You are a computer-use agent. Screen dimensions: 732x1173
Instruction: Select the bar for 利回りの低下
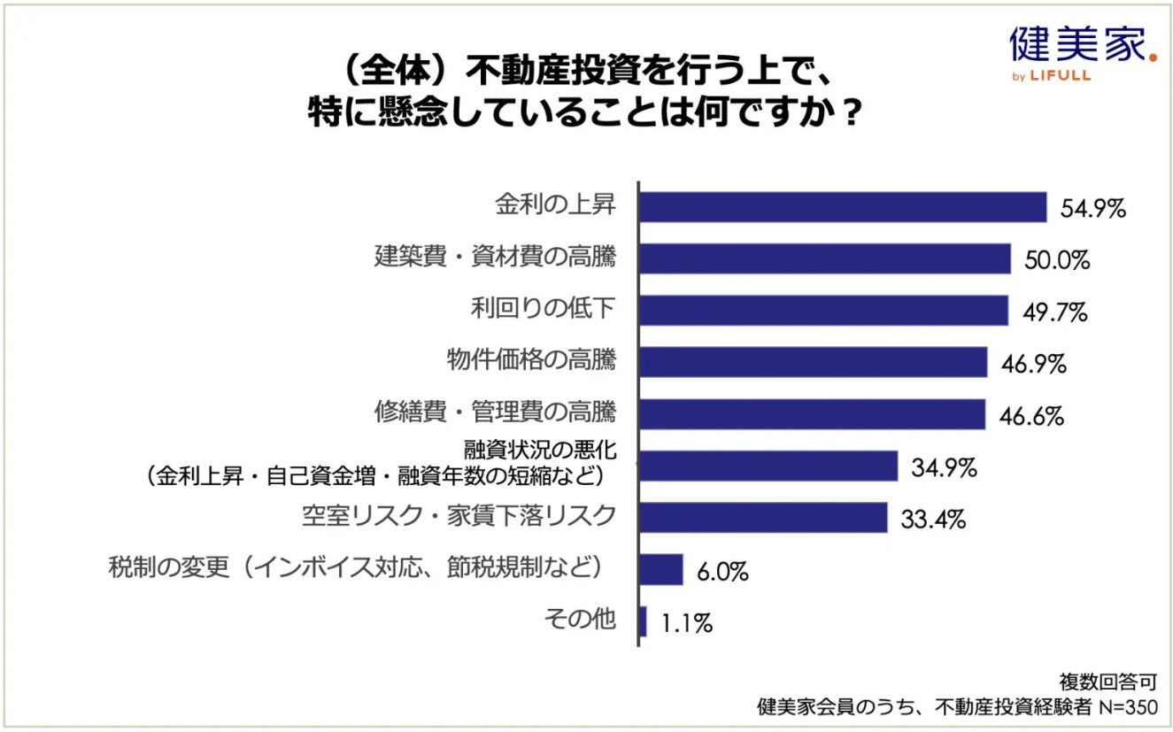pos(823,311)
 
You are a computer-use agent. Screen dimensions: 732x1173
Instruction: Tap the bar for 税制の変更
pos(660,569)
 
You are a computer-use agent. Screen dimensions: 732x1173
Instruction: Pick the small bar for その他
pos(643,621)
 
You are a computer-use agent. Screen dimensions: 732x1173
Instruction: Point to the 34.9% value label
pos(944,467)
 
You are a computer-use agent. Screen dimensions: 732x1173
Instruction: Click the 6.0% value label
pos(722,572)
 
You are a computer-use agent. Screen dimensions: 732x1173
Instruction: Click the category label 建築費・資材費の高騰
pos(495,258)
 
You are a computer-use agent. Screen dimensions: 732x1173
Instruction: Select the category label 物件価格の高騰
pos(531,361)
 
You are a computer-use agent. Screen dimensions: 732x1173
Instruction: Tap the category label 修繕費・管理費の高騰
pos(495,412)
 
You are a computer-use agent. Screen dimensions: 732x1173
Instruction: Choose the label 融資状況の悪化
pos(540,451)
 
